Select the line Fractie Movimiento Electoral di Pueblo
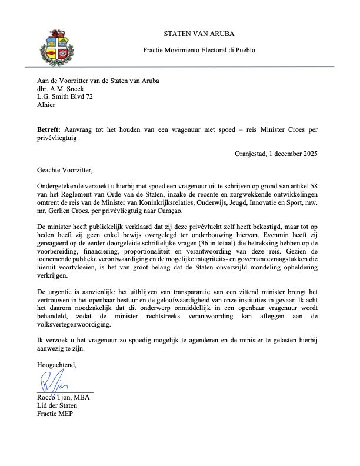point(199,51)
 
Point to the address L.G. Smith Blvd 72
point(65,96)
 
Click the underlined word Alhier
point(46,105)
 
